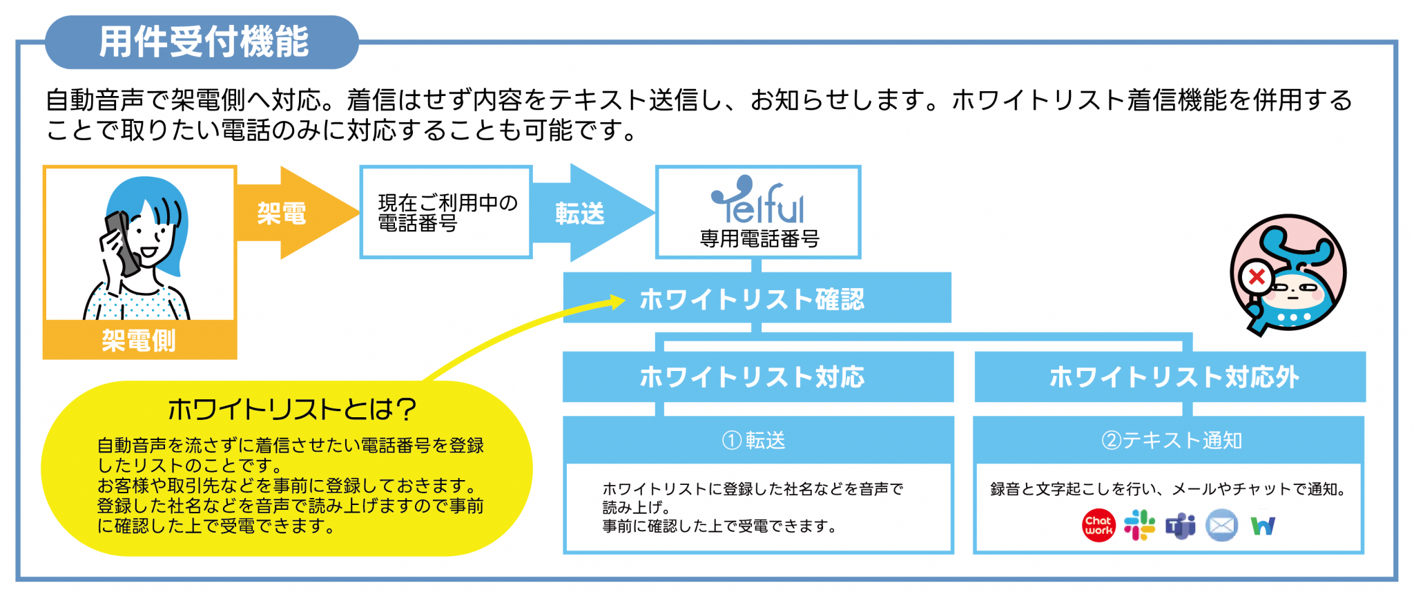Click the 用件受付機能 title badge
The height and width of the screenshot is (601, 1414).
202,42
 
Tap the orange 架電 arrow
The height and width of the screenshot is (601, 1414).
297,213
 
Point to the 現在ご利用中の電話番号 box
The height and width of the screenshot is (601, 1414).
446,212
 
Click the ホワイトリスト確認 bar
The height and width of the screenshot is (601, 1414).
757,298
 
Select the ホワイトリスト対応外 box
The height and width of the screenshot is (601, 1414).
1170,377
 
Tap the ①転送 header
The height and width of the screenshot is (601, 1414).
758,440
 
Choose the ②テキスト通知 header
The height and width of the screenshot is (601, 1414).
1169,440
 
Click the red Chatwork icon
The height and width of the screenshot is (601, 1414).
1098,526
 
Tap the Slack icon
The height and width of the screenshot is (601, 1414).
1139,526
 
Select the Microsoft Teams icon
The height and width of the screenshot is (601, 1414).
1181,526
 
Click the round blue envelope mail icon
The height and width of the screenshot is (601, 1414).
1221,526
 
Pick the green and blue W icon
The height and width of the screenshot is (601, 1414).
1263,526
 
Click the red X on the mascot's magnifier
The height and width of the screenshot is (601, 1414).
1257,278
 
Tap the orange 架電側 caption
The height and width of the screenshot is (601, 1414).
139,340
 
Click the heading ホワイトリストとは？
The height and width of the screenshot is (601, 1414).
292,409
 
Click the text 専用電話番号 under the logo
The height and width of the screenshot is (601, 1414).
759,238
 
